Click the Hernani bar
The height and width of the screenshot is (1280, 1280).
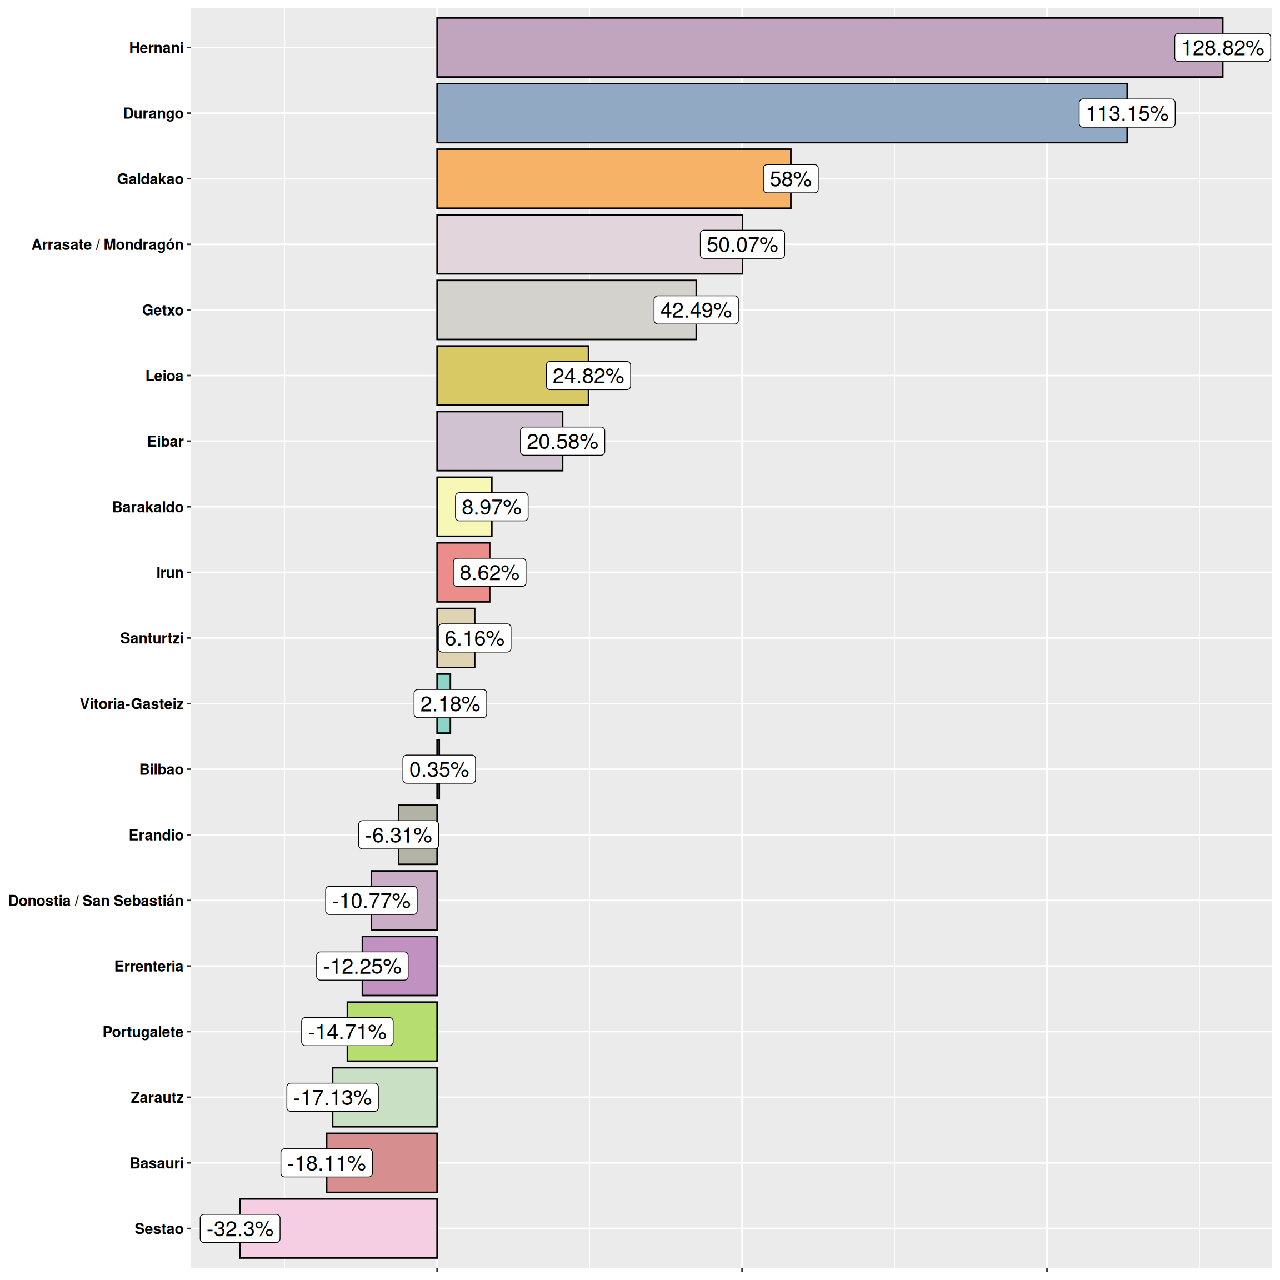coord(795,48)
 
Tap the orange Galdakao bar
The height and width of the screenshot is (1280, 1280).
coord(596,179)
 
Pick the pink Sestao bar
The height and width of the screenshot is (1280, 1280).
coord(358,1228)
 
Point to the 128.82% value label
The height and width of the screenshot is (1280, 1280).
coord(1222,48)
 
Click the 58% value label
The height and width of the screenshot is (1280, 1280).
coord(790,179)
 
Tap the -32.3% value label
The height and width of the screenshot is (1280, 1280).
coord(240,1228)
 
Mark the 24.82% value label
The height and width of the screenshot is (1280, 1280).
coord(588,376)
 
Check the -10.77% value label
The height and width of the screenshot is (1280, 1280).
coord(371,901)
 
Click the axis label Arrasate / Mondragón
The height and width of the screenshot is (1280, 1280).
coord(107,244)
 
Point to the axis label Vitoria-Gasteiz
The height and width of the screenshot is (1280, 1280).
coord(131,703)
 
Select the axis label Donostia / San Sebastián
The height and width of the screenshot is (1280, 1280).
coord(96,901)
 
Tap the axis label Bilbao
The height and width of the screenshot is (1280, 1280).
coord(161,769)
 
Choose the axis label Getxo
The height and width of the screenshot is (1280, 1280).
coord(162,310)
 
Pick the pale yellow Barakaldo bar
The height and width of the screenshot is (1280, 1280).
coord(464,487)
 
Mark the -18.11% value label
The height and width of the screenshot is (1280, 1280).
coord(326,1163)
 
